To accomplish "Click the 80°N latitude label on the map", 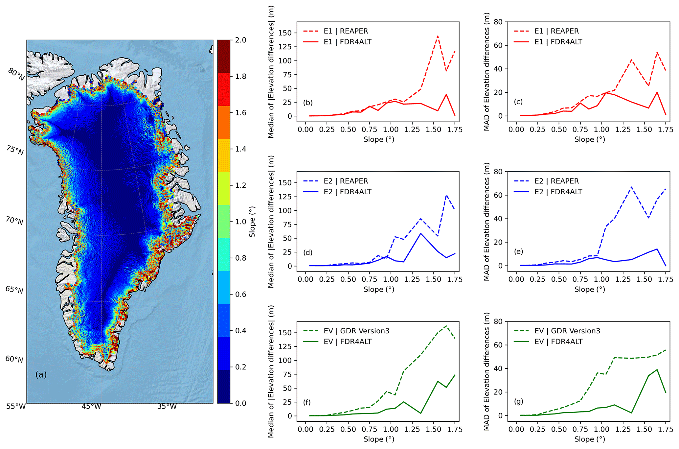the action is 16,74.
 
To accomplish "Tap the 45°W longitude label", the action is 91,406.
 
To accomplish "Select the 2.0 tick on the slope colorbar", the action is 241,40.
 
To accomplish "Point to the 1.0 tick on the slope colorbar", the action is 241,222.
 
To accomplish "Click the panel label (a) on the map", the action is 41,374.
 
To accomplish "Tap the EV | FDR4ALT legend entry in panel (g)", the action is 548,342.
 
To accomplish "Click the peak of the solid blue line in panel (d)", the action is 421,233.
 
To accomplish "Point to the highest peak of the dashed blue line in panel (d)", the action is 446,195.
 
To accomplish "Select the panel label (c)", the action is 518,102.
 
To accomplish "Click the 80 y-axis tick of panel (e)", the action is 499,172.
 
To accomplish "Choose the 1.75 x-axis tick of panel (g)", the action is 666,429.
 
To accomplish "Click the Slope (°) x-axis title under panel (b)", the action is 379,140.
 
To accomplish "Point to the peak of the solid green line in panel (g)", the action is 657,370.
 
